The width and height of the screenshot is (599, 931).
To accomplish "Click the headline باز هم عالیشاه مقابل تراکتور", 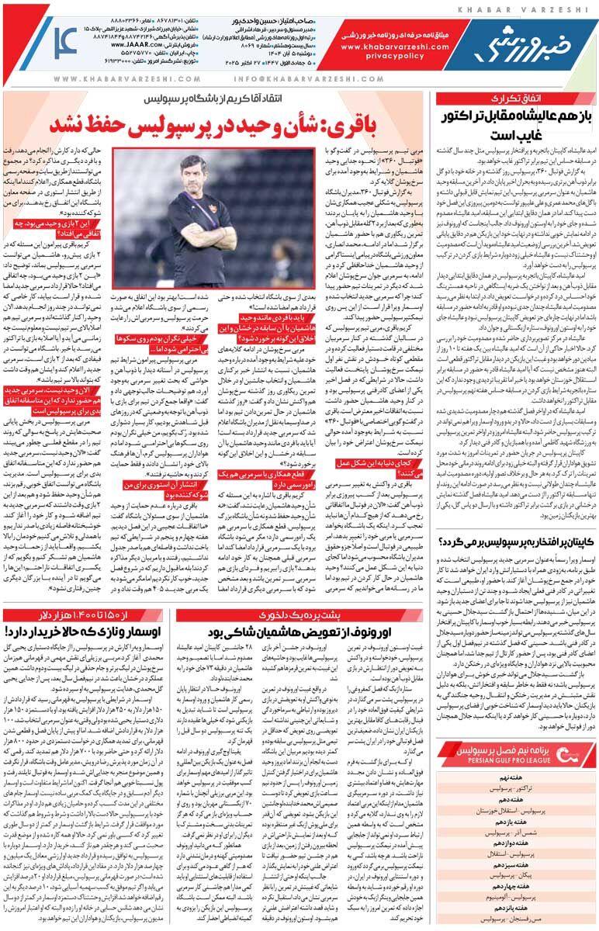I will click(515, 125).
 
